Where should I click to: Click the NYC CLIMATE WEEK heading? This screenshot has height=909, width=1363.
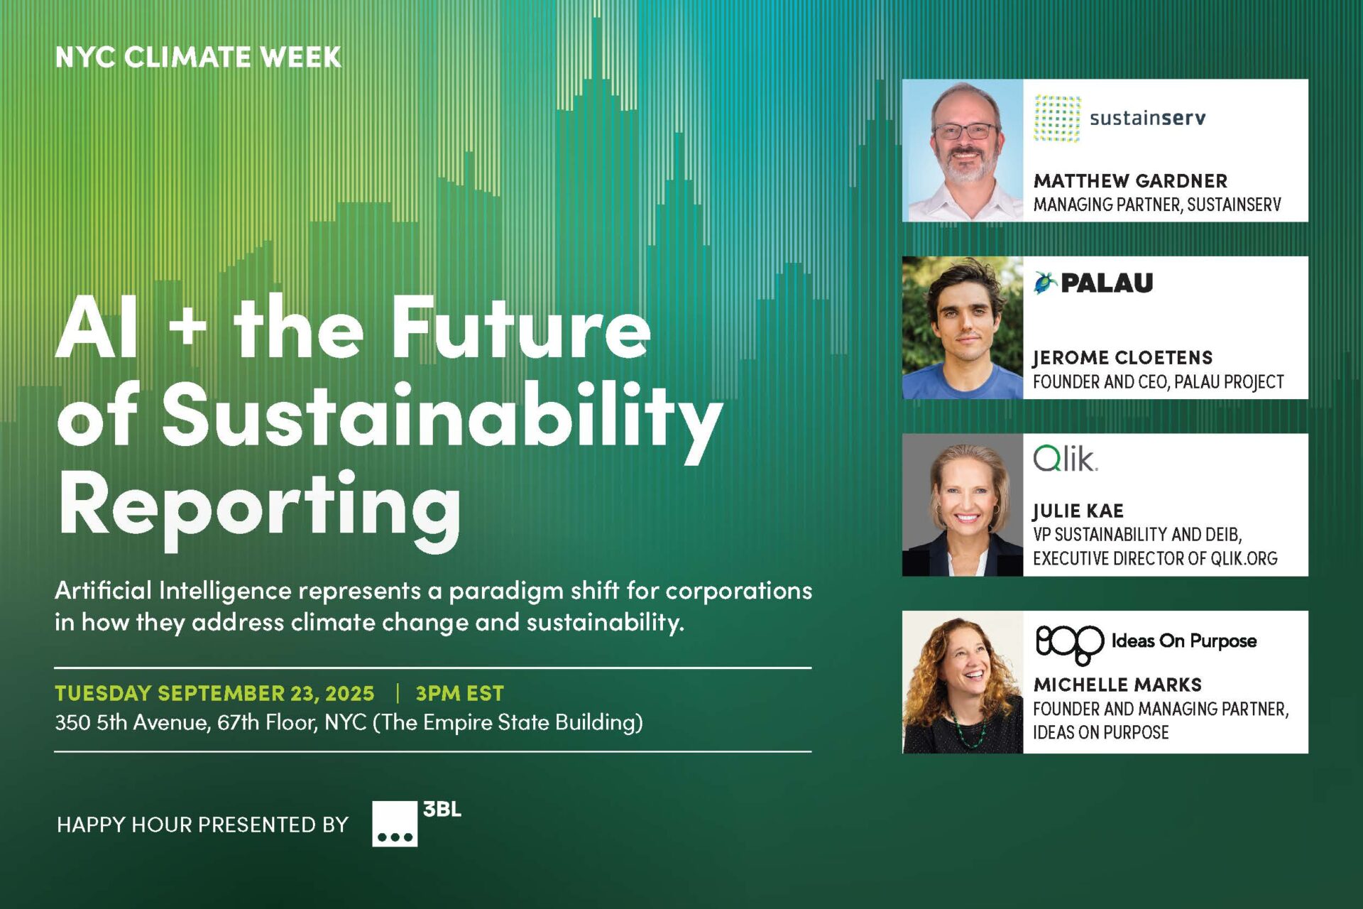[x=198, y=57]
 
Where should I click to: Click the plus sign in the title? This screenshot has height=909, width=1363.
[x=188, y=329]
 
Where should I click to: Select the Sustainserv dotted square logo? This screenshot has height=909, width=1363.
[x=1057, y=119]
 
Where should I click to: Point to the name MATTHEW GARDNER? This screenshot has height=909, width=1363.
[x=1130, y=181]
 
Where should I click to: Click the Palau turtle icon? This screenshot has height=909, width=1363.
[x=1044, y=283]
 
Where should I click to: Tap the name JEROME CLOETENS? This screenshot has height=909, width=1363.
[x=1122, y=357]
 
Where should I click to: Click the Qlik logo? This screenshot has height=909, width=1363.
[x=1065, y=459]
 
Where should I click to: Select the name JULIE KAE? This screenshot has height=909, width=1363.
[x=1078, y=511]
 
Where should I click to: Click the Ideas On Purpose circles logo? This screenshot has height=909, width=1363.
[x=1069, y=644]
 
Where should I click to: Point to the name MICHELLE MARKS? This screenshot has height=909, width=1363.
[x=1117, y=685]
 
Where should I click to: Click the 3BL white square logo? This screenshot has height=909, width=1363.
[x=395, y=824]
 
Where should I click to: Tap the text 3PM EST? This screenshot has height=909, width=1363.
[x=459, y=693]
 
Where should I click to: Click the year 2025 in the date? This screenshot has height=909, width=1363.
[x=349, y=693]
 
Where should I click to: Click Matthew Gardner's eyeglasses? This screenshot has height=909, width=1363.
[x=965, y=131]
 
